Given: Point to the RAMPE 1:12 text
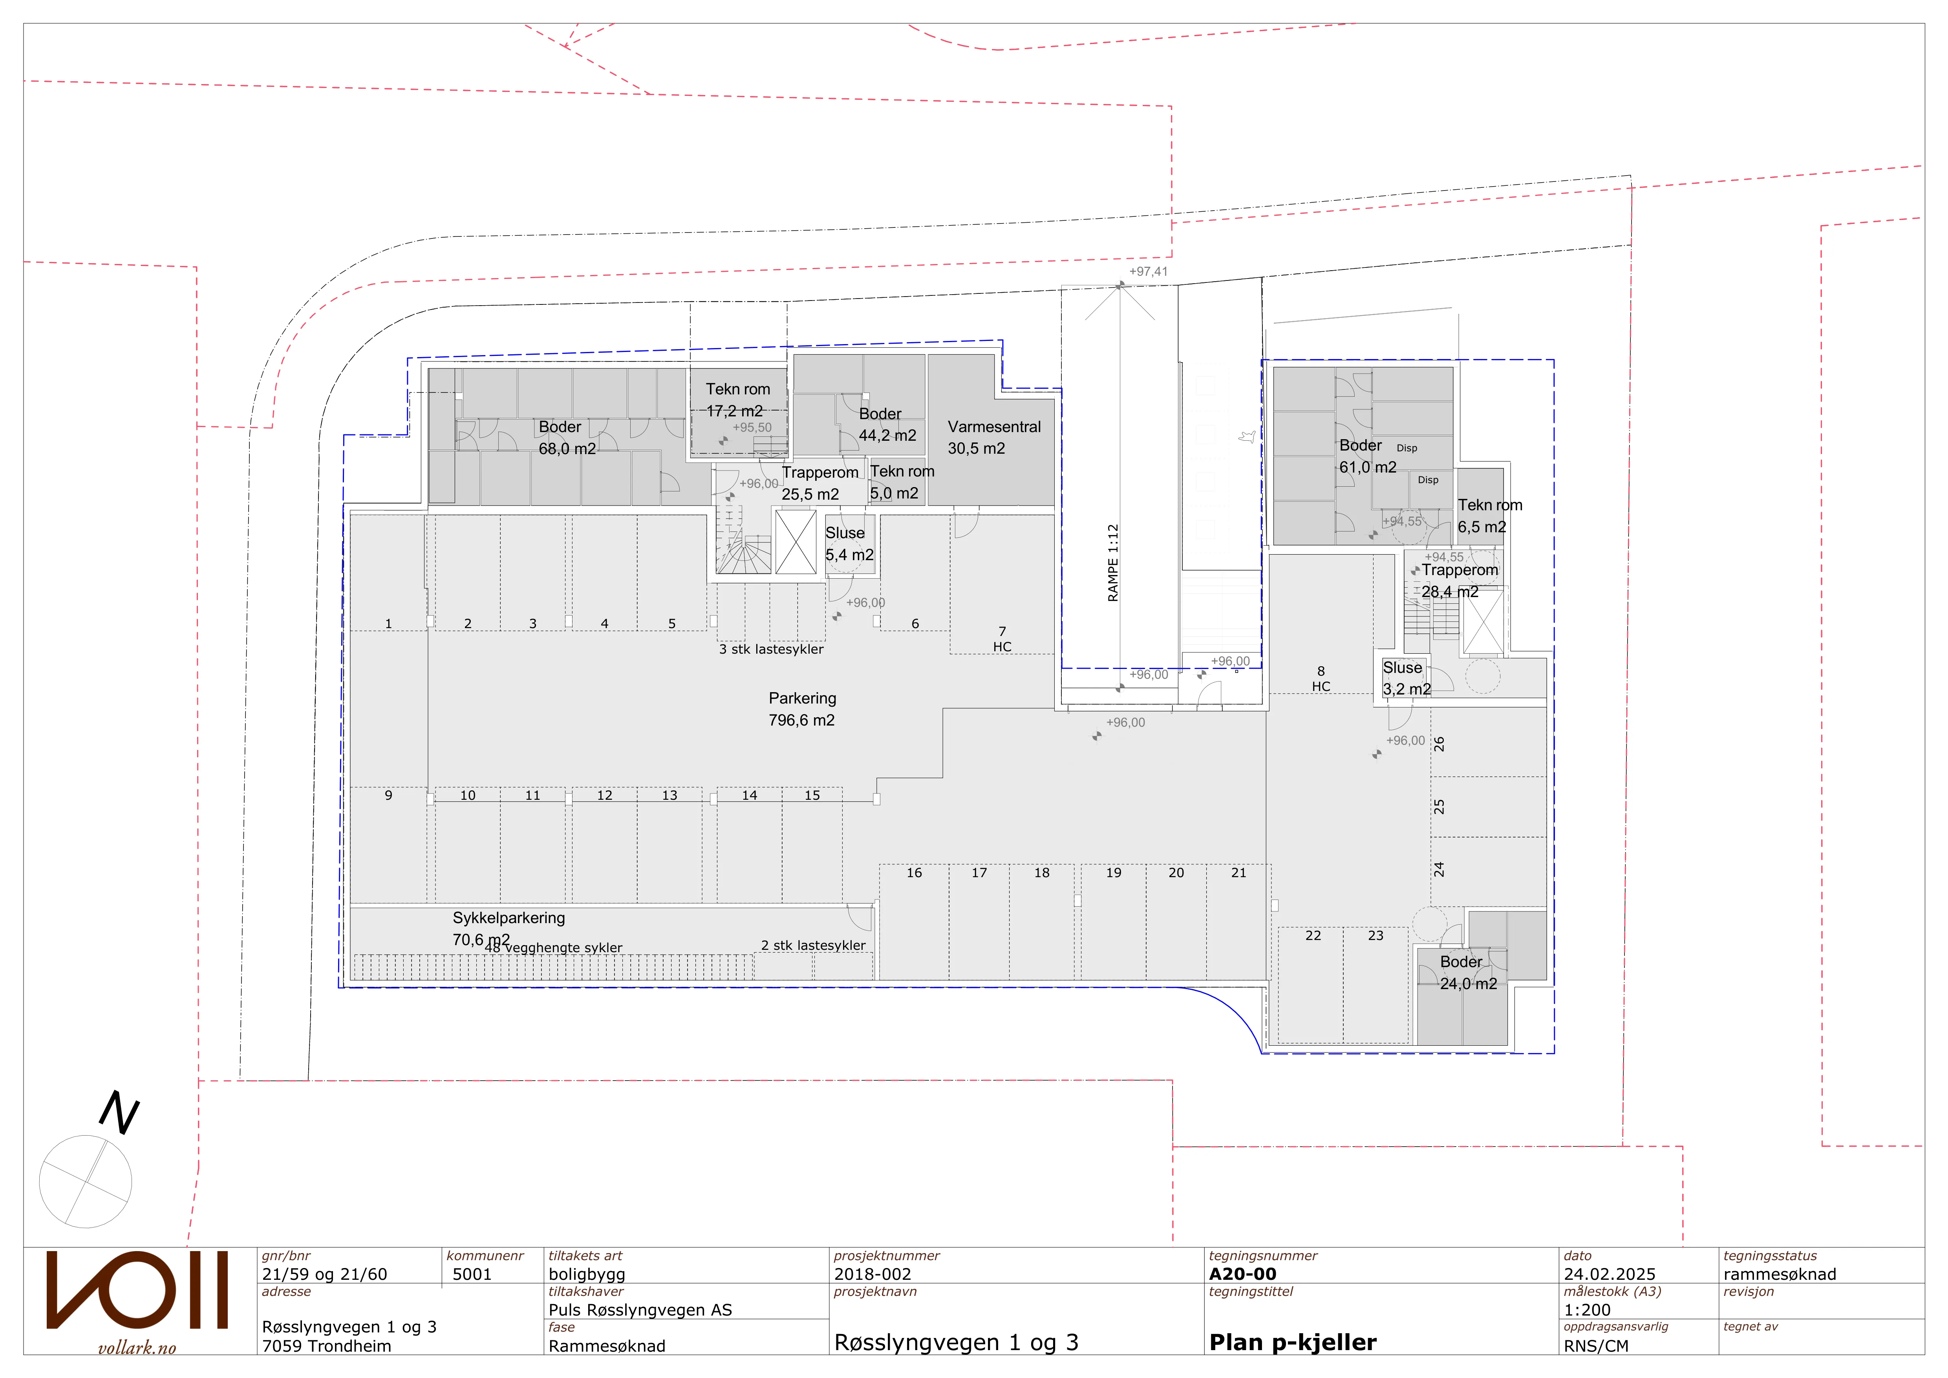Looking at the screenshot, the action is (1113, 563).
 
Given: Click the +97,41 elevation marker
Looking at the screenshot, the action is (1148, 271).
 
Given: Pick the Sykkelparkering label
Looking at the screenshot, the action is (508, 918).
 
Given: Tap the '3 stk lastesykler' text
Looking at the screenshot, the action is (771, 649).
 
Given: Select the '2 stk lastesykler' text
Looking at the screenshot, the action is (813, 945).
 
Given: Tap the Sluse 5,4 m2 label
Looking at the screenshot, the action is (849, 544).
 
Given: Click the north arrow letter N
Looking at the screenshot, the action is (120, 1112).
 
